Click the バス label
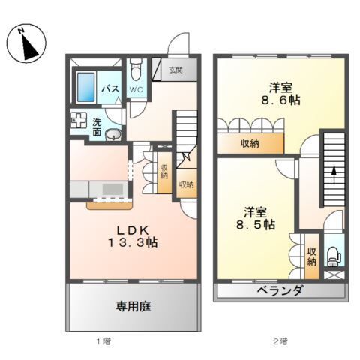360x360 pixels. click(110, 88)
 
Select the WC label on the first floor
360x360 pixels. click(136, 89)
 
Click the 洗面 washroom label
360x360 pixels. click(97, 126)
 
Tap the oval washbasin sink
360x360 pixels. click(112, 136)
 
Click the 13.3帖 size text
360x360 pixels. click(131, 242)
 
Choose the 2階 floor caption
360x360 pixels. click(279, 341)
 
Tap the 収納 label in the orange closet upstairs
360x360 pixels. click(250, 144)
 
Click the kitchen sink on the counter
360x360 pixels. click(115, 189)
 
